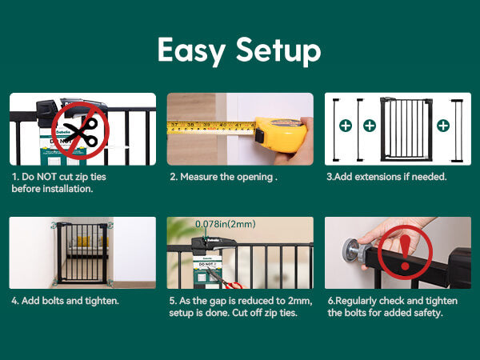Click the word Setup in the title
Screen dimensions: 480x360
pyautogui.click(x=278, y=51)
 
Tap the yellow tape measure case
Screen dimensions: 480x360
pyautogui.click(x=281, y=134)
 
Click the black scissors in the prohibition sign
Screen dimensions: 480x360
pyautogui.click(x=81, y=132)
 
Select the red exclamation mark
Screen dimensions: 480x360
pyautogui.click(x=405, y=253)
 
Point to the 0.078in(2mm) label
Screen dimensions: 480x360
pyautogui.click(x=226, y=224)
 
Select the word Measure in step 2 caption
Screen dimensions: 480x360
pyautogui.click(x=198, y=177)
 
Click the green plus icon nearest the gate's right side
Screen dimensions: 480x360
pyautogui.click(x=443, y=126)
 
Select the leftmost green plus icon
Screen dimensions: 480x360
pyautogui.click(x=346, y=126)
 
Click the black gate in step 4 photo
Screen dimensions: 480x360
pyautogui.click(x=82, y=253)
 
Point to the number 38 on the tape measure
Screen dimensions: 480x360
pyautogui.click(x=190, y=125)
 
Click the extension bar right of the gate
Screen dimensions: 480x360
pyautogui.click(x=457, y=130)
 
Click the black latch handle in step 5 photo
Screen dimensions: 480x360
pyautogui.click(x=214, y=244)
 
